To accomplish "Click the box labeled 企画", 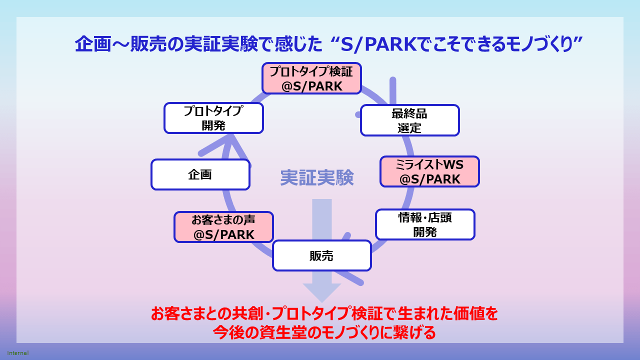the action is click(200, 174).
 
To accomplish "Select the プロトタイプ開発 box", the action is click(213, 118).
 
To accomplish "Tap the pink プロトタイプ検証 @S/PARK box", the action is click(311, 78).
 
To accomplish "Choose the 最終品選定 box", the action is click(409, 120).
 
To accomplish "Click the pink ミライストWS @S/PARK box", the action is click(429, 171).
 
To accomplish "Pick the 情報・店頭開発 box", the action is click(425, 224).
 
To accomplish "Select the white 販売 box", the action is click(322, 255).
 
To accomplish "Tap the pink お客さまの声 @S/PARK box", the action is click(223, 227).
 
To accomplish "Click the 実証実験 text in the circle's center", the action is click(317, 177).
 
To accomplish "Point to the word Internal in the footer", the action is click(17, 353).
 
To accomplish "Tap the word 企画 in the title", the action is click(92, 44).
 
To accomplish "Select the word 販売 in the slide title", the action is click(148, 44).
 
